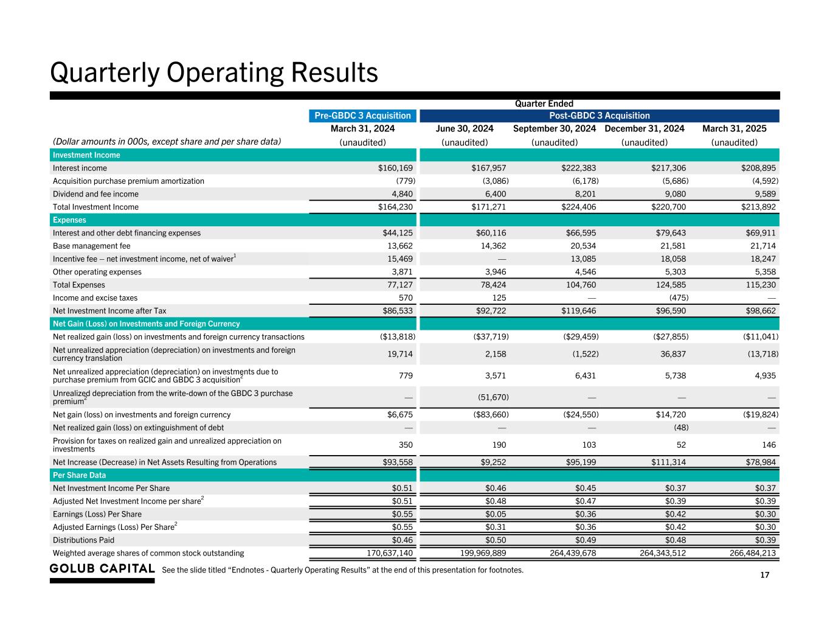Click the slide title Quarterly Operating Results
pos(214,73)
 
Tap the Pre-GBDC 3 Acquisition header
pos(362,116)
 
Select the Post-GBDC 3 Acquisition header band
pos(600,116)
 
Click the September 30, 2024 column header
pos(555,128)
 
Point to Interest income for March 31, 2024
pos(395,168)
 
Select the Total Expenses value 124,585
pos(669,285)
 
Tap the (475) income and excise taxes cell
pos(679,298)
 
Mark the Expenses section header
pos(69,220)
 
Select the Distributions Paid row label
pos(83,540)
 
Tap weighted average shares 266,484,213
pos(752,553)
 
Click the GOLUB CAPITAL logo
pos(102,569)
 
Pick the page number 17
pos(764,576)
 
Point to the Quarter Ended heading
pos(544,104)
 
